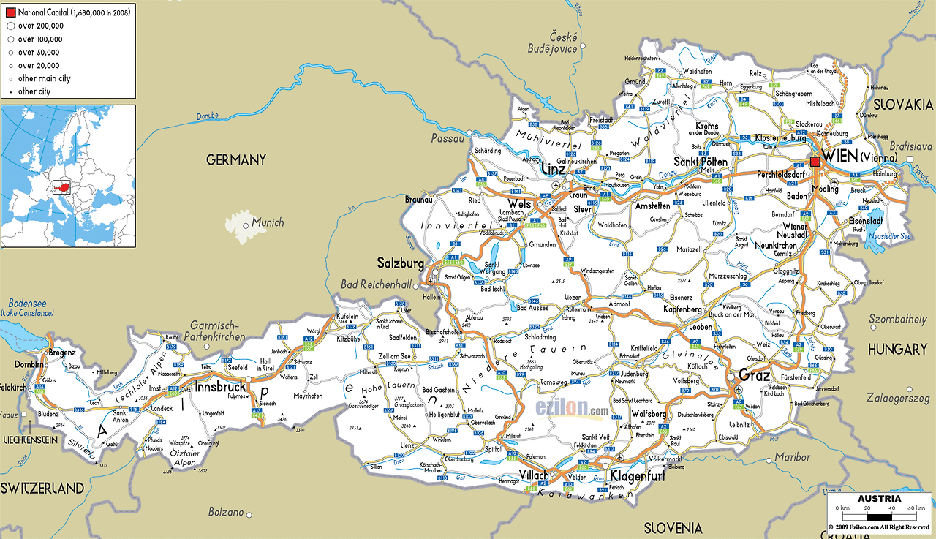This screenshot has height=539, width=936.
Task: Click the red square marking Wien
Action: tap(815, 162)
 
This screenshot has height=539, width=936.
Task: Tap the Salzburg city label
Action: tap(400, 263)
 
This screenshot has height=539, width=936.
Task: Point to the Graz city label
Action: tap(754, 375)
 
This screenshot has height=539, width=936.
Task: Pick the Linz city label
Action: tap(553, 169)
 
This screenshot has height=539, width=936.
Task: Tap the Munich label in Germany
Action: tap(268, 222)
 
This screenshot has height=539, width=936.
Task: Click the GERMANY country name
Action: tap(235, 159)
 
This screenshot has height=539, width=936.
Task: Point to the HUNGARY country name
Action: tap(897, 350)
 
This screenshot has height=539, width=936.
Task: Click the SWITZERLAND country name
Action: tap(42, 488)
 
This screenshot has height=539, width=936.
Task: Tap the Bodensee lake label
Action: tap(27, 304)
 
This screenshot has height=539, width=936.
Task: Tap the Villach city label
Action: tap(534, 475)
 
